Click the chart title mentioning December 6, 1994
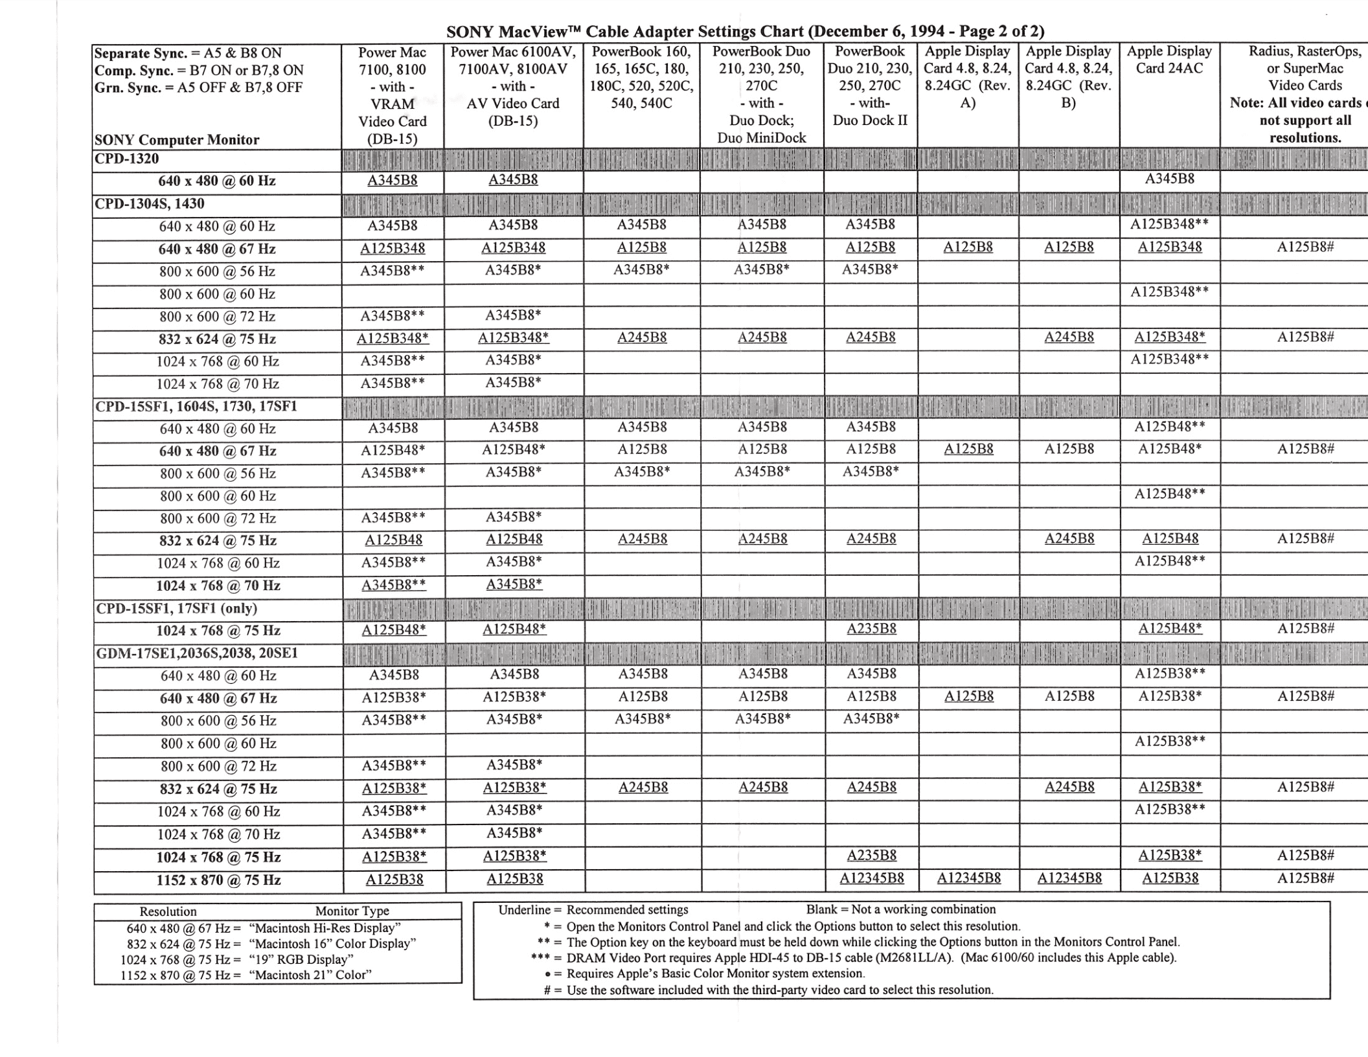[745, 31]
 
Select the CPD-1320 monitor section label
[127, 159]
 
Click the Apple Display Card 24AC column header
[1169, 60]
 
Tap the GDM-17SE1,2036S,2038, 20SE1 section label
[197, 653]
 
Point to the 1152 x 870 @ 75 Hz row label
[218, 880]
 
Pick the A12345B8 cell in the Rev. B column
[1069, 879]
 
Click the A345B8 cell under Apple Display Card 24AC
[1169, 179]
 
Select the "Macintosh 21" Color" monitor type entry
[310, 975]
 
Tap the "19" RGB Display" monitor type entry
[301, 959]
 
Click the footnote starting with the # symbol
[768, 990]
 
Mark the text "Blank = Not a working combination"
[900, 909]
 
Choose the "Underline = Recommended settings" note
[593, 910]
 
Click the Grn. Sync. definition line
[198, 87]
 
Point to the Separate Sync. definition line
[188, 53]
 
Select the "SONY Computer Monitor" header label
[177, 140]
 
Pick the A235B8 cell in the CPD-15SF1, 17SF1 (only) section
[871, 629]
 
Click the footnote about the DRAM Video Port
[853, 957]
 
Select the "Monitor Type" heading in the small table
[352, 911]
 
